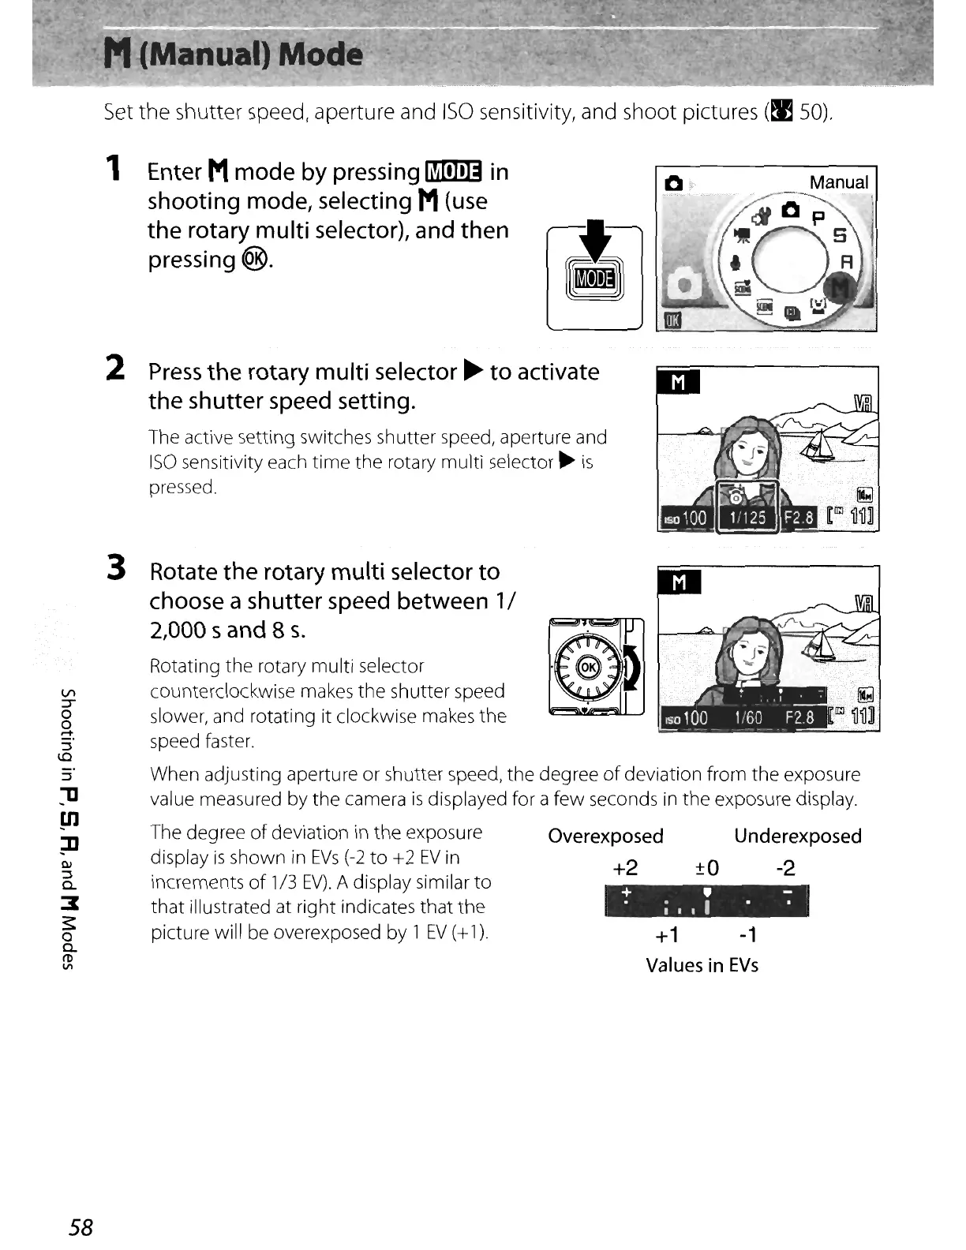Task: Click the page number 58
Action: coord(80,1227)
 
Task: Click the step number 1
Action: coord(115,168)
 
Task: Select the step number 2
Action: coord(115,368)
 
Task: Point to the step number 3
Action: coord(116,567)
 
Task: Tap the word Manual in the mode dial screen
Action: coord(838,182)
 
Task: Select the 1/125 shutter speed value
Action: coord(747,518)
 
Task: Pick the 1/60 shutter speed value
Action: coord(747,717)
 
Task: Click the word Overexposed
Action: coord(605,836)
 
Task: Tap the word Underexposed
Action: coord(797,836)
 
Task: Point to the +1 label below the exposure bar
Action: coord(668,935)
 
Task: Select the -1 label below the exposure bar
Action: coord(747,935)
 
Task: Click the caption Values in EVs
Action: coord(702,965)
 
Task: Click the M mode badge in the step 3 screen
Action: coord(679,582)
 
